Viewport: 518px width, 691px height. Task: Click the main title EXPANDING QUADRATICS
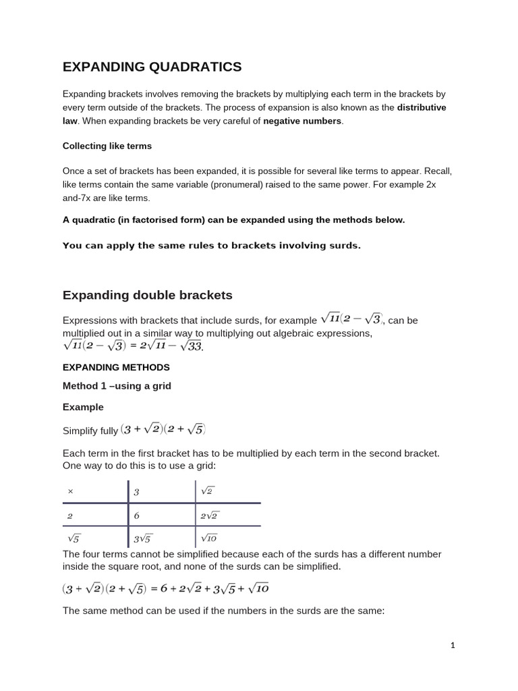coord(152,66)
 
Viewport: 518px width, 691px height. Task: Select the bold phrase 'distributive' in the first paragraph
coord(421,107)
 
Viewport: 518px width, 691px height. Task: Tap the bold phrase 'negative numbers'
coord(302,121)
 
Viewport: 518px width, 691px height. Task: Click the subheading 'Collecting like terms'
coord(107,146)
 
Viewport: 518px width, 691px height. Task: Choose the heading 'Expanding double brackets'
coord(147,295)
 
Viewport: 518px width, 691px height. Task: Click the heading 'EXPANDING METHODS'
coord(116,367)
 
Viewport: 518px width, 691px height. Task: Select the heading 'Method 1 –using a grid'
coord(117,386)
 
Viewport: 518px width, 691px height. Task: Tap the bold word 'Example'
coord(83,407)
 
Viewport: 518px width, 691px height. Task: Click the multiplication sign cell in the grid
coord(71,492)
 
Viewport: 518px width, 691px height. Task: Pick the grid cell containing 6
coord(136,515)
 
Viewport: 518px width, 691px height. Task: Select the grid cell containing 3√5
coord(143,538)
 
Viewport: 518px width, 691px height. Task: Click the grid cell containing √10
coord(208,538)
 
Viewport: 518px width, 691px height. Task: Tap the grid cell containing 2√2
coord(210,515)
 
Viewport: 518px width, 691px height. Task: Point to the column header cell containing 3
coord(136,492)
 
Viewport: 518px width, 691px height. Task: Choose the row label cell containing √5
coord(74,538)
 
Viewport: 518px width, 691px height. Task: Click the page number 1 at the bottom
coord(453,645)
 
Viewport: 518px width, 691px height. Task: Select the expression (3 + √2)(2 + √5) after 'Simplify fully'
coord(163,430)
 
